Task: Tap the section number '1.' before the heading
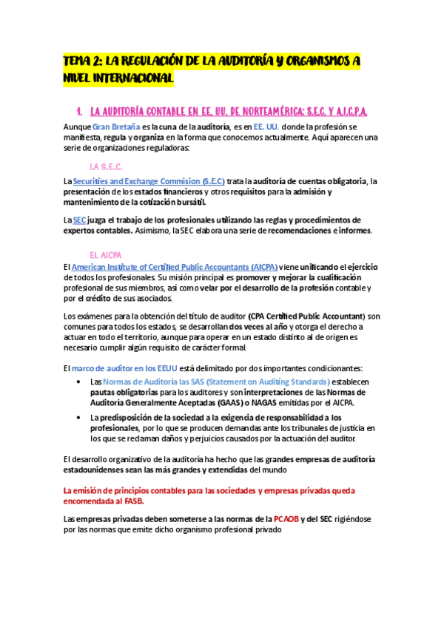point(78,112)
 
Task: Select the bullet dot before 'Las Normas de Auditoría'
point(79,382)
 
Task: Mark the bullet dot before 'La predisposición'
point(79,418)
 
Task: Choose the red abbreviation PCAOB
point(286,518)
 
